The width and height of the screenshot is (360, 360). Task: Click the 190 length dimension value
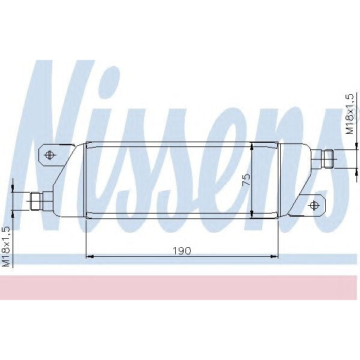tap(183, 251)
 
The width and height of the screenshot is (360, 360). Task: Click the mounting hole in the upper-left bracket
tap(50, 155)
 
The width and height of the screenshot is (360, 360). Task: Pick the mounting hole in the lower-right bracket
tap(313, 205)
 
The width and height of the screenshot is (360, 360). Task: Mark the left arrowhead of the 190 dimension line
tap(90, 257)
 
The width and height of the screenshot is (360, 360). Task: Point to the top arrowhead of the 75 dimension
tap(252, 146)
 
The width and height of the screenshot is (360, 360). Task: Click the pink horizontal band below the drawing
tap(180, 287)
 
